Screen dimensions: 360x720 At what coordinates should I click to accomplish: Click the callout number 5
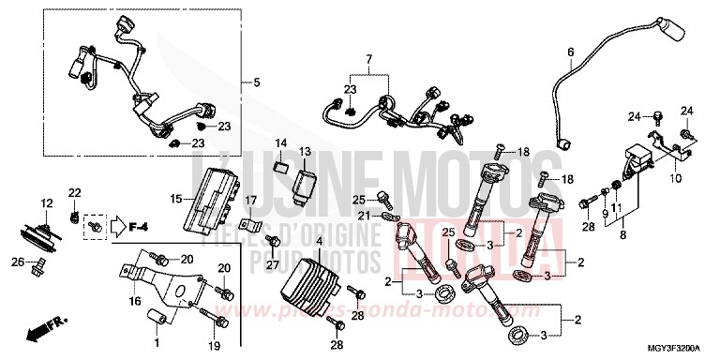[x=256, y=82]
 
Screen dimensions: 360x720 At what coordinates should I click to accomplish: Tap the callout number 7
[x=368, y=59]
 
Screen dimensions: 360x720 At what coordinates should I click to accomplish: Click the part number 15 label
[x=176, y=198]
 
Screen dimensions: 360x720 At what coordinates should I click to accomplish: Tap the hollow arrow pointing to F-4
[x=116, y=225]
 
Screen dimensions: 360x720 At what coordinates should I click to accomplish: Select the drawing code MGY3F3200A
[x=676, y=351]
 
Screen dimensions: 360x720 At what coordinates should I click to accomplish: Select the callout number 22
[x=74, y=192]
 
